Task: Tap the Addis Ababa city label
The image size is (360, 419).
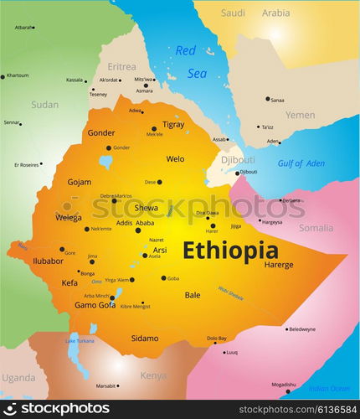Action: tap(135, 222)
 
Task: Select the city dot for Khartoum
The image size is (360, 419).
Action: tap(3, 76)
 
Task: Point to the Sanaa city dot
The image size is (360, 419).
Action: tap(268, 99)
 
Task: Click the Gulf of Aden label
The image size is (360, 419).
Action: tap(301, 163)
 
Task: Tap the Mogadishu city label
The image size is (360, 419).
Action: tap(284, 385)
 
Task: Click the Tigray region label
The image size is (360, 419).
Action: tap(173, 124)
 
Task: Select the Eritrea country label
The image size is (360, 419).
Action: tap(121, 66)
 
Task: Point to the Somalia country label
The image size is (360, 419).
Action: tap(316, 227)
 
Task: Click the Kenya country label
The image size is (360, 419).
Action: tap(153, 375)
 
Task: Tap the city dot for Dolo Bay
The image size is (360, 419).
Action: tap(210, 344)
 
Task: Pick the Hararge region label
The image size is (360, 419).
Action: tap(279, 265)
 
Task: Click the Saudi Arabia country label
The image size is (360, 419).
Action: tap(255, 13)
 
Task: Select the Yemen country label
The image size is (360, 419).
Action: tap(300, 115)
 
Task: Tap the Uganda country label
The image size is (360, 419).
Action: tap(18, 377)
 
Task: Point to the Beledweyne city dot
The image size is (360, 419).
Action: tap(286, 328)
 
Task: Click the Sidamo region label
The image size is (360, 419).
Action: tap(144, 338)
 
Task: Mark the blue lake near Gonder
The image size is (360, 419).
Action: tap(106, 161)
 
